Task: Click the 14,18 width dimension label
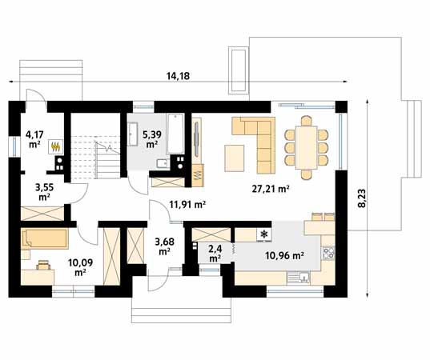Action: click(x=178, y=76)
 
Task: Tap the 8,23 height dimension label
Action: click(x=362, y=198)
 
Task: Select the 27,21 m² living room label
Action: click(x=271, y=189)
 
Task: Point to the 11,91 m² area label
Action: click(x=187, y=204)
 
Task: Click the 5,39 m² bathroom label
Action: click(x=151, y=139)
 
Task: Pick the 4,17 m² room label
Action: click(x=34, y=139)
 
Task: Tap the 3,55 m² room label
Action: click(x=44, y=192)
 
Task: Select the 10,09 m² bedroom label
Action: click(x=80, y=267)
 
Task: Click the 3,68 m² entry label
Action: click(x=164, y=246)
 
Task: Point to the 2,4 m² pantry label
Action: click(x=215, y=254)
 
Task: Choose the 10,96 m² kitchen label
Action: click(x=284, y=256)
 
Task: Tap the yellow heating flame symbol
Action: click(x=56, y=147)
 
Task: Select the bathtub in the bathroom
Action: click(x=175, y=134)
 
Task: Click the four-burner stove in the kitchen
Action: click(x=328, y=253)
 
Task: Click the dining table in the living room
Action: click(x=307, y=148)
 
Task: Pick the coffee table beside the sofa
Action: click(x=234, y=158)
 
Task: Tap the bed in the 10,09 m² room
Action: click(x=45, y=239)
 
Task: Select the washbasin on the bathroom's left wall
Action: click(x=133, y=134)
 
